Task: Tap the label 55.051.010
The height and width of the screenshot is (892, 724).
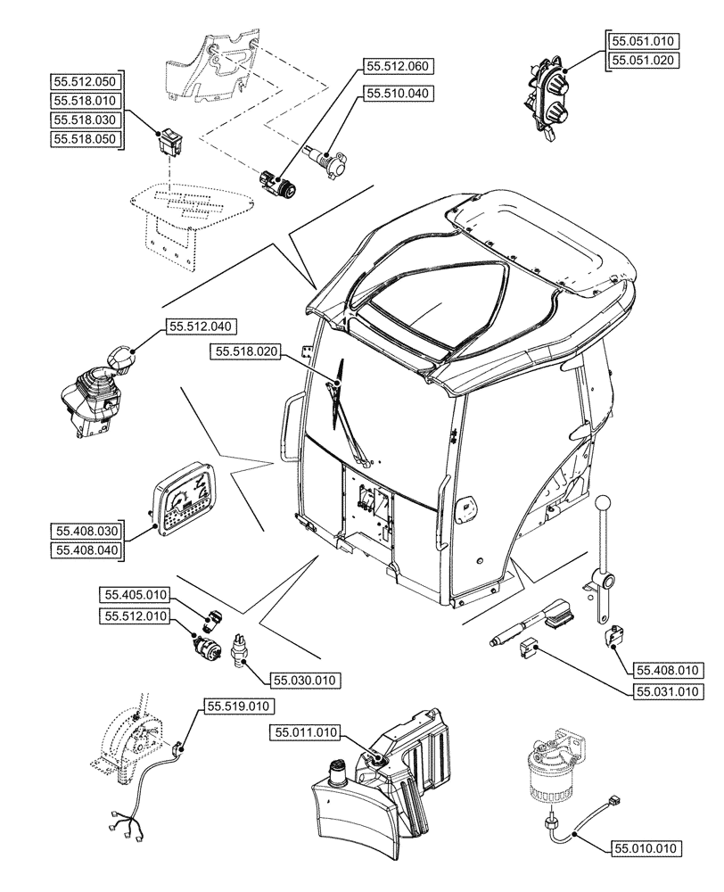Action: point(644,41)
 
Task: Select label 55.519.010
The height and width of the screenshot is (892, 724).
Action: point(236,706)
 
